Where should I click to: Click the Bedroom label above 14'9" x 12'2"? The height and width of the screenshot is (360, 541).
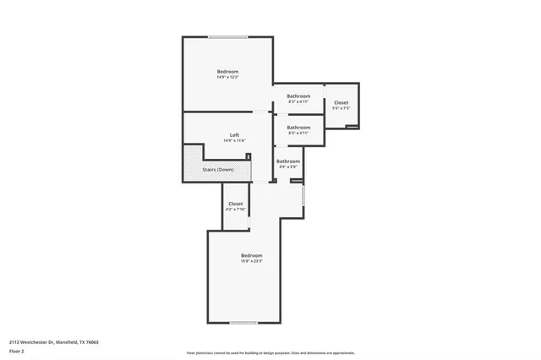[x=227, y=72]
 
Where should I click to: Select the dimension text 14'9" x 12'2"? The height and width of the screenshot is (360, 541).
[x=227, y=78]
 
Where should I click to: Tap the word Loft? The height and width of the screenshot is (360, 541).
[x=234, y=135]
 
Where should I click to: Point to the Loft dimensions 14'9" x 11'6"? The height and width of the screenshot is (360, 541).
[x=234, y=141]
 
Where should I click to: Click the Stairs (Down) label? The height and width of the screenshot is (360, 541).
[x=218, y=170]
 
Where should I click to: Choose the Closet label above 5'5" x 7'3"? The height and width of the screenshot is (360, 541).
[x=341, y=103]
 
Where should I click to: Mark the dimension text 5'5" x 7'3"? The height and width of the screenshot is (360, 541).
[x=341, y=109]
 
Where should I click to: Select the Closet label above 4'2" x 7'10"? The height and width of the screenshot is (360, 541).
[x=236, y=204]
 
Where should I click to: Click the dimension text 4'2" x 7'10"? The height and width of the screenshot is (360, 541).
[x=236, y=210]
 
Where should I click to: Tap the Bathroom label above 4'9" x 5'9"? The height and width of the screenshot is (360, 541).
[x=288, y=161]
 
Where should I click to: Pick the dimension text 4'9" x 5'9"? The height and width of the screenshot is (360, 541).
[x=288, y=166]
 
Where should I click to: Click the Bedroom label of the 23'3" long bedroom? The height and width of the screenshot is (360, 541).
[x=251, y=255]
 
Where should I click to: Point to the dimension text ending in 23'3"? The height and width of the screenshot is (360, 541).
[x=251, y=261]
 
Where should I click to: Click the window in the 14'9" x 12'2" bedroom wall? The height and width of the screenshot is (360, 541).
[x=228, y=36]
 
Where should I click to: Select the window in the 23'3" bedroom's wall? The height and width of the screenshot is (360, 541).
[x=244, y=323]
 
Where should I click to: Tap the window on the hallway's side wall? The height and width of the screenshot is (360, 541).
[x=303, y=195]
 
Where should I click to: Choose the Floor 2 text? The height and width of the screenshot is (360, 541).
[x=17, y=351]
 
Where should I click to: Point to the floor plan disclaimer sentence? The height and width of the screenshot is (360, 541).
[x=270, y=353]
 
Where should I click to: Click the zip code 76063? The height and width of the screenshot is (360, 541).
[x=92, y=342]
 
